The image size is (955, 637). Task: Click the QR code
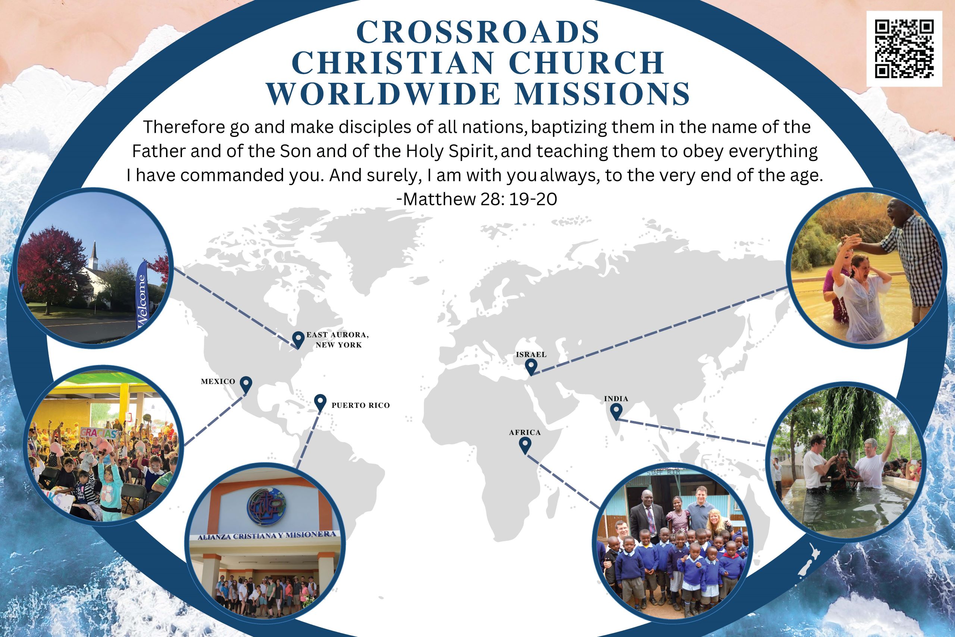(x=904, y=49)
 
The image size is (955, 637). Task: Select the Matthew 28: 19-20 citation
(x=477, y=199)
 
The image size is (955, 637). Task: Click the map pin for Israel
(x=531, y=366)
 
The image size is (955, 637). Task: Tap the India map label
(x=616, y=399)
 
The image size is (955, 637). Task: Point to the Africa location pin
(x=525, y=446)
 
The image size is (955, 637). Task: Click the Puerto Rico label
(x=361, y=405)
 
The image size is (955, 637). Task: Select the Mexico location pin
(x=246, y=384)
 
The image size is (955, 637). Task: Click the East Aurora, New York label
(x=338, y=340)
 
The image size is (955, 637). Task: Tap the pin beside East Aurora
(x=298, y=340)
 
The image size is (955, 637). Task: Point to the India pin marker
(x=616, y=411)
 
